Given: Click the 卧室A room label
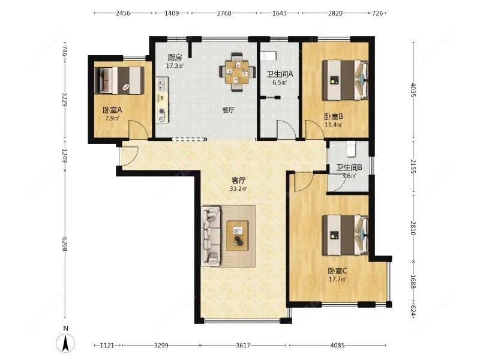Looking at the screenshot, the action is click(x=112, y=110).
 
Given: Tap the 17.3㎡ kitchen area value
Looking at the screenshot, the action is click(x=175, y=66).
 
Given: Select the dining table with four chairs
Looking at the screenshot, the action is click(x=238, y=72).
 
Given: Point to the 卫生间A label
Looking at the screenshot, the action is click(x=280, y=74).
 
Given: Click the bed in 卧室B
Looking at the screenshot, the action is click(x=346, y=80).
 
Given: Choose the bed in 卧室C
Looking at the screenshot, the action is click(x=346, y=235).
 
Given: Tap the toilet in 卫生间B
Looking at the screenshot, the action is click(x=350, y=148).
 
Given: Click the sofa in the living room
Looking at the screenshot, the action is click(x=211, y=236).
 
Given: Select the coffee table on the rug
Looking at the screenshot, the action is click(x=237, y=235).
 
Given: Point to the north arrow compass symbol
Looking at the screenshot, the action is click(x=65, y=342).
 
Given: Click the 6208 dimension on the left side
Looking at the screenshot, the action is click(x=65, y=244).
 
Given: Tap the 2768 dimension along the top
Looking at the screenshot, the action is click(x=224, y=13).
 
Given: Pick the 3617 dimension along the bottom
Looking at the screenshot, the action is click(x=243, y=346).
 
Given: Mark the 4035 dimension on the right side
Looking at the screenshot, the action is click(x=413, y=89).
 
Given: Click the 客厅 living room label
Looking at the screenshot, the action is click(x=238, y=181).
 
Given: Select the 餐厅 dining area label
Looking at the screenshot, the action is click(x=229, y=110).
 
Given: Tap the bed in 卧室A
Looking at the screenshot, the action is click(x=119, y=80).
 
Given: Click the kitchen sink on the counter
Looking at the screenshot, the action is click(x=161, y=84).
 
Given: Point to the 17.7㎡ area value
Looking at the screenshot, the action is click(x=337, y=279).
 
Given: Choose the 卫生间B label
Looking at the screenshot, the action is click(x=349, y=167).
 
